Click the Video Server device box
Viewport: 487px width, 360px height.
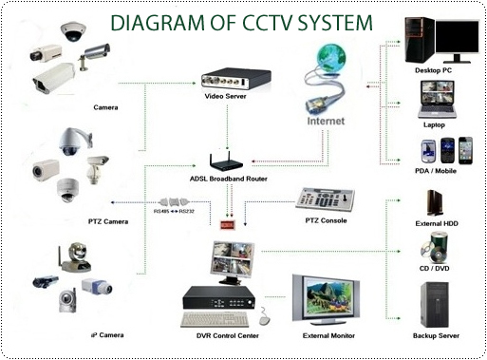[236, 80]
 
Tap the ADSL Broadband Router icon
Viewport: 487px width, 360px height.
[226, 161]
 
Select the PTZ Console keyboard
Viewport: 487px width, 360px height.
[325, 200]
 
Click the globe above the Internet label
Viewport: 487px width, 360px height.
[331, 57]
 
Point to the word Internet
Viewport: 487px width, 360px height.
[326, 121]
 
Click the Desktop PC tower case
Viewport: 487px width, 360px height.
[420, 40]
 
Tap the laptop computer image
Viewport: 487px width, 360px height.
[437, 100]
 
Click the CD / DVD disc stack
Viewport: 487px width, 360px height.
[435, 247]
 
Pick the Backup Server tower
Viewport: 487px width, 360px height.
[435, 305]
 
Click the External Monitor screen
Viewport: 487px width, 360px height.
[326, 298]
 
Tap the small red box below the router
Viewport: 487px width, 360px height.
[227, 225]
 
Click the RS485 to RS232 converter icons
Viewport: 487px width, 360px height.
[174, 202]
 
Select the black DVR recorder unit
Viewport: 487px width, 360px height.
[219, 297]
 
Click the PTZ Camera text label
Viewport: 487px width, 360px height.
[108, 221]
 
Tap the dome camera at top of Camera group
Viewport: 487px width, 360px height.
[73, 31]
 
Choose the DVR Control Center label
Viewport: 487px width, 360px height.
[228, 335]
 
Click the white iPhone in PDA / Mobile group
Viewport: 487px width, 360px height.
[465, 151]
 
